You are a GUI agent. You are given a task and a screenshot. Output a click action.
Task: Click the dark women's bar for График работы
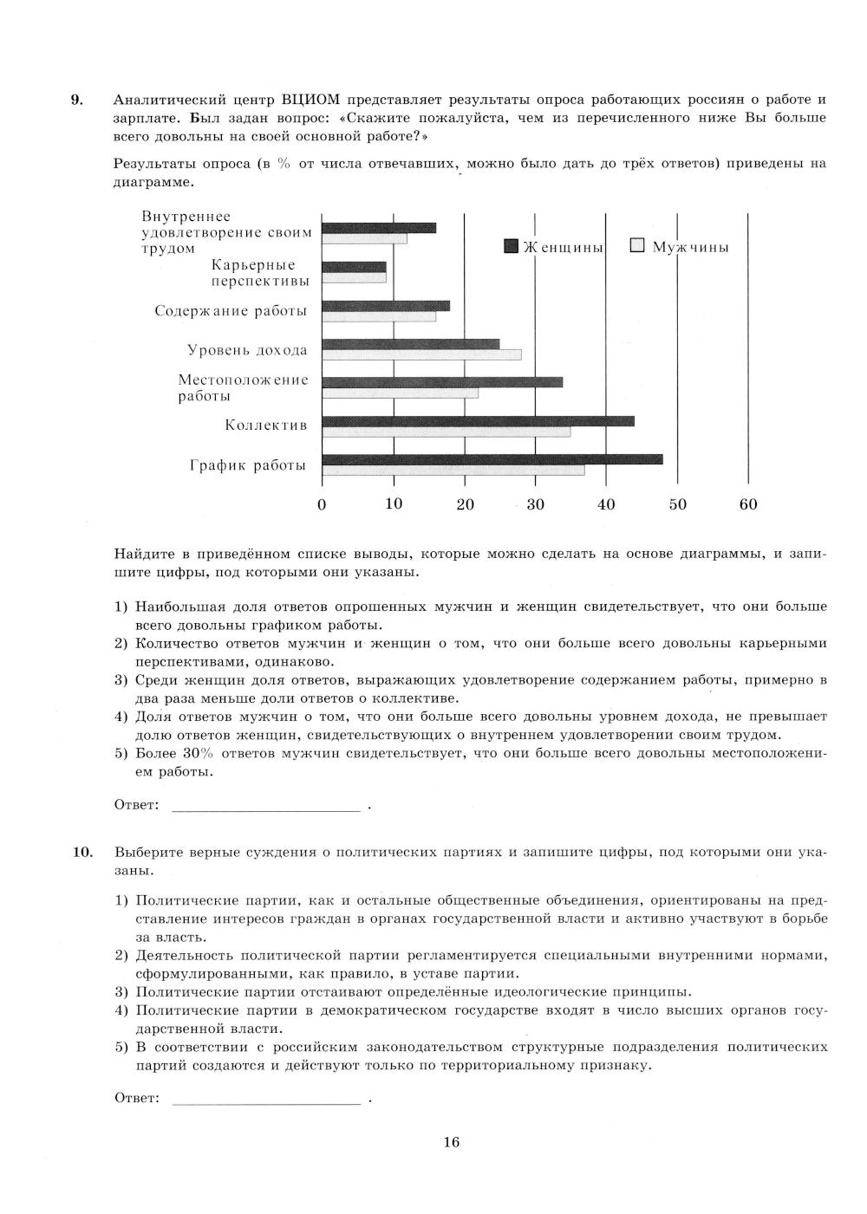click(492, 459)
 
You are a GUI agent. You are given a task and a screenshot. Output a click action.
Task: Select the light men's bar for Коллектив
click(446, 432)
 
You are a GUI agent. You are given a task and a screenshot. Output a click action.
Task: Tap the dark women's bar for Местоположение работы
click(442, 381)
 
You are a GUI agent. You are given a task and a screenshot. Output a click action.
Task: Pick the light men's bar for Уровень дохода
click(421, 354)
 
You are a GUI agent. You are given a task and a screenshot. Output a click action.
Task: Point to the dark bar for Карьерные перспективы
click(354, 267)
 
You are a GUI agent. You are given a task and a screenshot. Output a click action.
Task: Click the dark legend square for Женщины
click(512, 247)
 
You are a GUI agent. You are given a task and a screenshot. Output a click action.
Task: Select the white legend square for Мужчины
click(638, 246)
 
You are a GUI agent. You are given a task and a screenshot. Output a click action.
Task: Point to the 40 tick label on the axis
click(606, 504)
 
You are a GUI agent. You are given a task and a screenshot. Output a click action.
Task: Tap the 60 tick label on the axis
click(748, 504)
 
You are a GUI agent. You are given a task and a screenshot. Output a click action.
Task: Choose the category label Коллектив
click(266, 425)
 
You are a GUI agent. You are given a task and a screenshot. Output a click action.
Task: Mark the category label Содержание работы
click(231, 311)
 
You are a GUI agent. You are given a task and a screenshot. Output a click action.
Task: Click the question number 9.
click(76, 99)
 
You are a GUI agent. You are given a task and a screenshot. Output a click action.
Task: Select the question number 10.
click(82, 852)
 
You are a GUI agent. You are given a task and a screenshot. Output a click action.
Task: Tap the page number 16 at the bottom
click(451, 1142)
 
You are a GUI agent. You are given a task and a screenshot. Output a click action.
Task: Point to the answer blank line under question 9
click(266, 809)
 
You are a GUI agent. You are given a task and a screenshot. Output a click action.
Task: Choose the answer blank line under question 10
click(266, 1102)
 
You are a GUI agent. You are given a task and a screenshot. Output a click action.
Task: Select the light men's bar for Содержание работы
click(379, 316)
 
